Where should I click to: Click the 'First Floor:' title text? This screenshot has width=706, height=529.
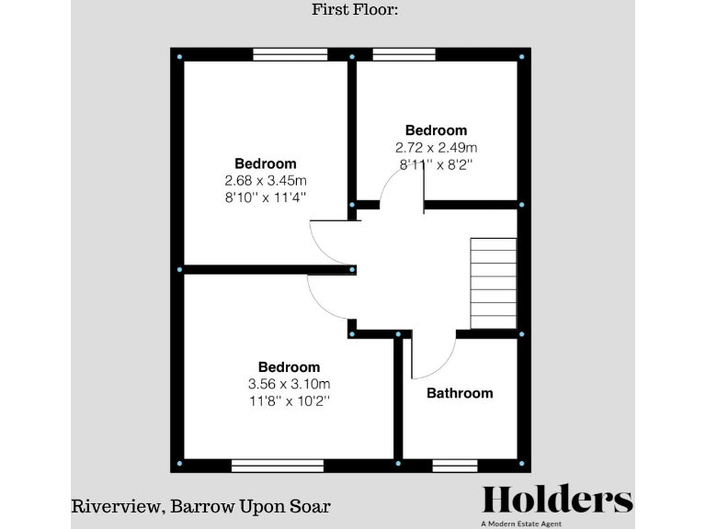[x=353, y=11]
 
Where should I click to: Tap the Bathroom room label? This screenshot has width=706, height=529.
[x=460, y=393]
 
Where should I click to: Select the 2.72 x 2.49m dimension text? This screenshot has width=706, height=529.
[x=436, y=147]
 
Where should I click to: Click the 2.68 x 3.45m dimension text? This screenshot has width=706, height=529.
[x=266, y=180]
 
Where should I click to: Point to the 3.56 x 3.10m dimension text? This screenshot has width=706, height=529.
[x=289, y=384]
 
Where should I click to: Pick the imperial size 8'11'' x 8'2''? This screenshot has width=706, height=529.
[x=436, y=164]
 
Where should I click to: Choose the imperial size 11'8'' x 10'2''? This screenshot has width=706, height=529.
[x=289, y=400]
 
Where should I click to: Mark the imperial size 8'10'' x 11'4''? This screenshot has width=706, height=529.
[x=266, y=197]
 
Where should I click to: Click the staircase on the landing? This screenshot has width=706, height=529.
[x=494, y=283]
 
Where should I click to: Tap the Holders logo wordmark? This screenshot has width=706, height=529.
[x=558, y=501]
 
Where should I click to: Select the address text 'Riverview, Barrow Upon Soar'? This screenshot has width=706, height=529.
[x=201, y=506]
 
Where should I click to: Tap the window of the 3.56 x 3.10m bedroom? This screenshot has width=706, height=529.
[x=277, y=466]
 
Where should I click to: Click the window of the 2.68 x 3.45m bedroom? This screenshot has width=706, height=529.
[x=290, y=55]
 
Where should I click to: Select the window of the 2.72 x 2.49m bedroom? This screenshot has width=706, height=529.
[x=404, y=55]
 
